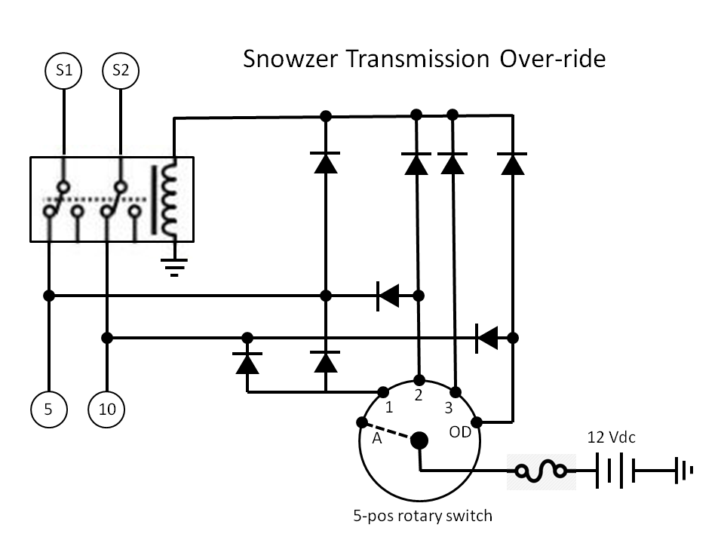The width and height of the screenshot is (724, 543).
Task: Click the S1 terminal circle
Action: pyautogui.click(x=64, y=71)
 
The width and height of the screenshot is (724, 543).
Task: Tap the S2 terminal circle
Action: pyautogui.click(x=121, y=71)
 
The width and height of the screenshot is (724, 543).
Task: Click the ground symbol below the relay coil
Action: pyautogui.click(x=175, y=265)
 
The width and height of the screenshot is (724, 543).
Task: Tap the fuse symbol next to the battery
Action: pyautogui.click(x=541, y=471)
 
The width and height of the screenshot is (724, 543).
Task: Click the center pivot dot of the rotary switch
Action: pyautogui.click(x=419, y=440)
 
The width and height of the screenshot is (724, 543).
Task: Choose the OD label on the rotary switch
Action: pyautogui.click(x=460, y=433)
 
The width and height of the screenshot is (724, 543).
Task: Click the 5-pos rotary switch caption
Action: pyautogui.click(x=422, y=517)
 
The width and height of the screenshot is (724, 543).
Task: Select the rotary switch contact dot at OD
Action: pyautogui.click(x=476, y=422)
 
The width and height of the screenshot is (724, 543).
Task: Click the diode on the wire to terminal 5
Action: pyautogui.click(x=388, y=296)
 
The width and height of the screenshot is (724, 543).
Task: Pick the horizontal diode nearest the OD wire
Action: pyautogui.click(x=486, y=336)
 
